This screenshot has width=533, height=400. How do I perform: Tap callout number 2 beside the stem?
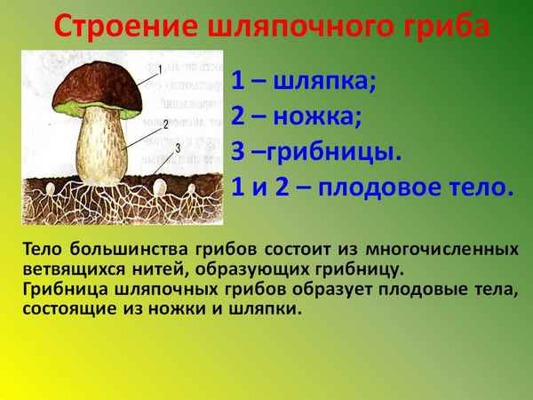pos(165,124)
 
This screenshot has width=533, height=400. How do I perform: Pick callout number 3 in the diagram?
pos(178,148)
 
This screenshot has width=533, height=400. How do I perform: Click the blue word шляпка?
pos(329,82)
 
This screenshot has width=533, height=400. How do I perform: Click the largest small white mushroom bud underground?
pos(160,188)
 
